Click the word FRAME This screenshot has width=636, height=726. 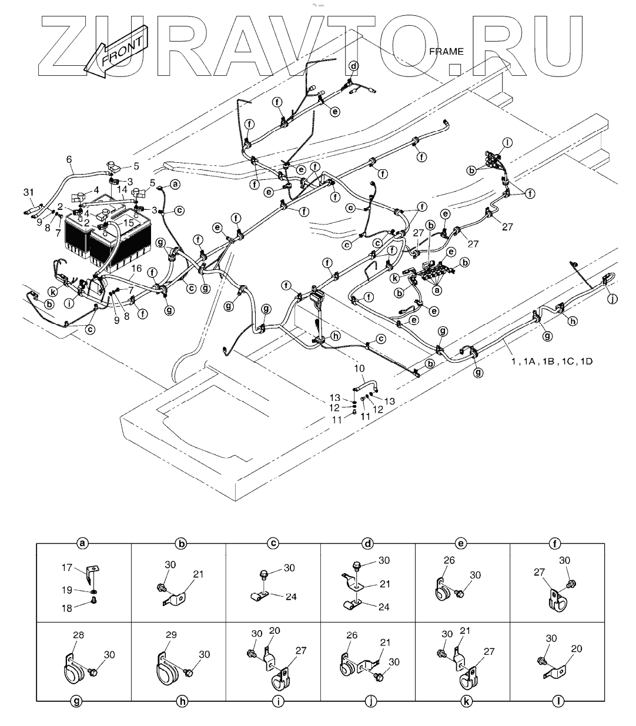(x=446, y=51)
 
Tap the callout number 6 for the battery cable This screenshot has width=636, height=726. (x=69, y=159)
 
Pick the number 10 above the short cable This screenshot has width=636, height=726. (x=359, y=369)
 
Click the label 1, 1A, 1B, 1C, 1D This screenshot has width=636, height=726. (x=551, y=361)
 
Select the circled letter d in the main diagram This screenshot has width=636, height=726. (x=353, y=66)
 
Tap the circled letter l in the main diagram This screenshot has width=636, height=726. (x=508, y=142)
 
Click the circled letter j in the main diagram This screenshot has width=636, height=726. (x=613, y=299)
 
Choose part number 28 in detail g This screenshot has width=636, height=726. (x=79, y=635)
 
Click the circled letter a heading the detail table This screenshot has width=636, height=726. (x=83, y=544)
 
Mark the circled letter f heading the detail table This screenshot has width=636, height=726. (x=557, y=544)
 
